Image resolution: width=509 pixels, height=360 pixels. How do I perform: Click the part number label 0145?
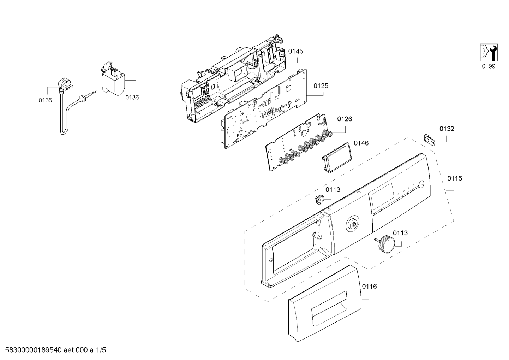point(295,51)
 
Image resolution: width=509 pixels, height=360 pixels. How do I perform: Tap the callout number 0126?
point(344,119)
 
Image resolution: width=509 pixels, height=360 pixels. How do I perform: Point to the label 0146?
point(361,143)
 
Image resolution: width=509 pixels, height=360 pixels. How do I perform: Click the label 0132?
point(447,129)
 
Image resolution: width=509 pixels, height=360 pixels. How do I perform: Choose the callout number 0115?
point(455,178)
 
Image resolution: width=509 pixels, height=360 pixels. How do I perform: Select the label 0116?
point(369,286)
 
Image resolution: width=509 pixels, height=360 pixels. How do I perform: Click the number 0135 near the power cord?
point(45,100)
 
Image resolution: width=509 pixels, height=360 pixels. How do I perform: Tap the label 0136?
point(132,98)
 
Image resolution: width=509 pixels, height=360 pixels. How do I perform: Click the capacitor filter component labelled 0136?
point(112,80)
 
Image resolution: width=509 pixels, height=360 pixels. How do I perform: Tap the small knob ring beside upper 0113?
point(319,200)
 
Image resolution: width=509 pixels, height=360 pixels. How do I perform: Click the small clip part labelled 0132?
point(429,139)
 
